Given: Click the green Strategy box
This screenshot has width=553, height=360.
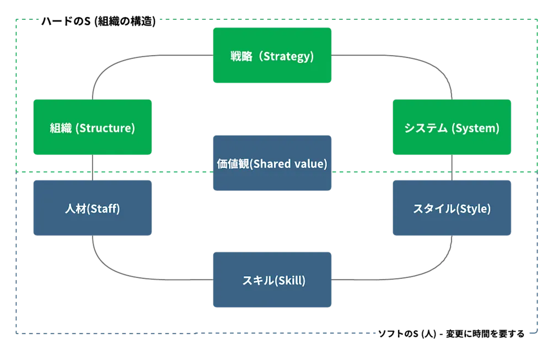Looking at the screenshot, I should coord(272,55).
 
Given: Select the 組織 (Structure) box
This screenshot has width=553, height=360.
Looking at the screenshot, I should coord(92,127).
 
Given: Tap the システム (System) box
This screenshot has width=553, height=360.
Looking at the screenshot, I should coord(452,127).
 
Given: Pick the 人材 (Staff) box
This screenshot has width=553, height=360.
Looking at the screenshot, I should coord(92,208).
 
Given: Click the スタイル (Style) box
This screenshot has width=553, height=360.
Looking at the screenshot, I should coord(452,208).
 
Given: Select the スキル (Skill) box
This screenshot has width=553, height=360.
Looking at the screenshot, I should coord(272,280).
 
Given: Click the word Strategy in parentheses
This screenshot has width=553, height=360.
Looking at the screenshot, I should coord(288,56).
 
